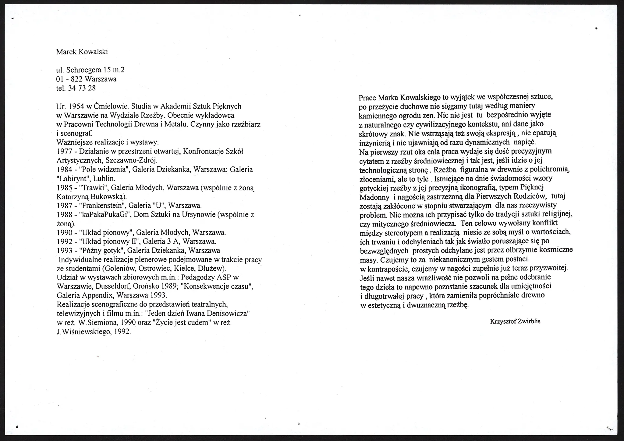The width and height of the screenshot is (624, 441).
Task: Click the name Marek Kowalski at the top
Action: pos(82,52)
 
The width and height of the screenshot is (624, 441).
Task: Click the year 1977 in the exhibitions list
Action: pos(64,151)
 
